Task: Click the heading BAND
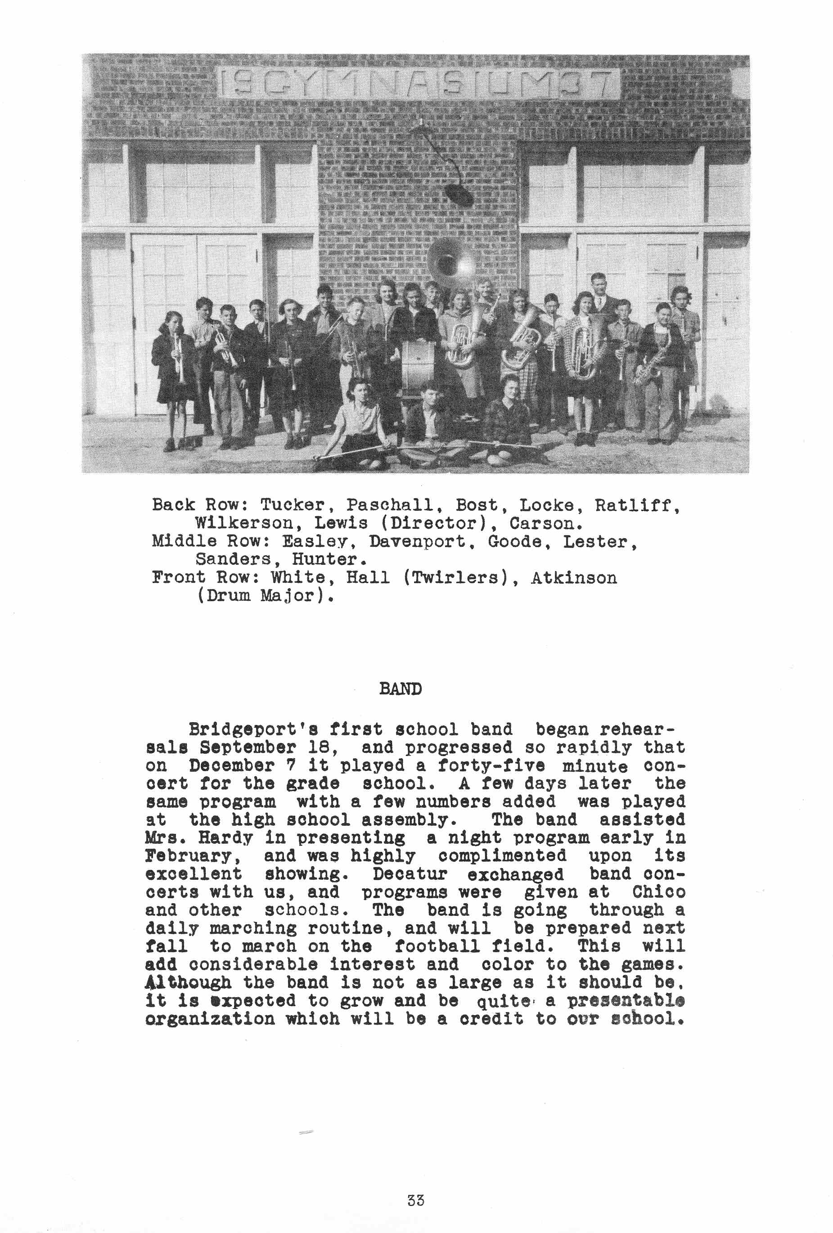[400, 688]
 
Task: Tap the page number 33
[415, 1200]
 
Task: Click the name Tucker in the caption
[292, 504]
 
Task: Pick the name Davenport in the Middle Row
[417, 542]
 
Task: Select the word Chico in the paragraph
[658, 892]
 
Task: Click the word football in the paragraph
[436, 946]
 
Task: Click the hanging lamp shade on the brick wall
[459, 195]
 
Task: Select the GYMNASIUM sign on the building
[419, 84]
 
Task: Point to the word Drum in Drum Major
[228, 596]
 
